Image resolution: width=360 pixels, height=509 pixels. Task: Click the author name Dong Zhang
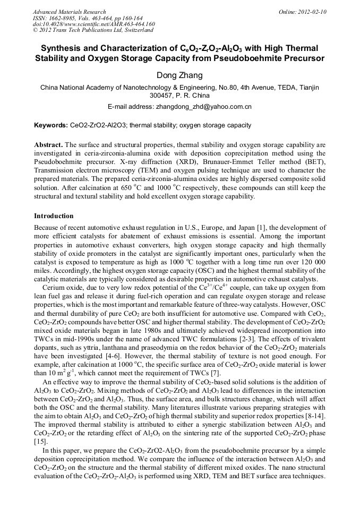[x=179, y=75]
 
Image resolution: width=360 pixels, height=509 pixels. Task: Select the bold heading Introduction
[x=54, y=216]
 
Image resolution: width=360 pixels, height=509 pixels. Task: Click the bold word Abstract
[x=48, y=144]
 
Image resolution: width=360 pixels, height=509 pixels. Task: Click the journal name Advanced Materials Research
[x=70, y=12]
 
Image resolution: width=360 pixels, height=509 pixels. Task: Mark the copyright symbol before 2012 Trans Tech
[x=36, y=31]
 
